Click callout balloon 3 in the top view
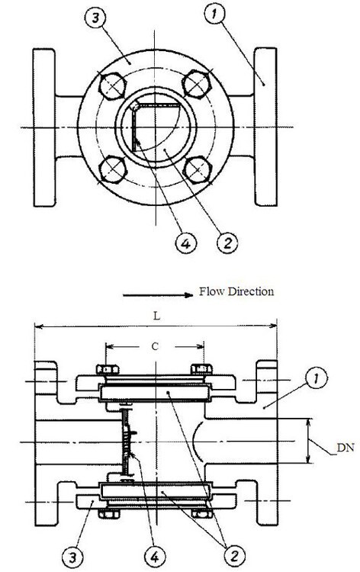[95, 18]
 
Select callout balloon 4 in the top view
[185, 243]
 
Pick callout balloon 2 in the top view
[227, 242]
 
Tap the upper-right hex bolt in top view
[197, 85]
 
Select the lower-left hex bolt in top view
[113, 169]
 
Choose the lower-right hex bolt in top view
[198, 169]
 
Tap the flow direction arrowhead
[188, 295]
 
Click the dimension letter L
[156, 316]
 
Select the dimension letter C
[155, 346]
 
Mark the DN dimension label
[345, 448]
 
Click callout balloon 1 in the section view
[317, 378]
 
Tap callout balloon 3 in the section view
[72, 557]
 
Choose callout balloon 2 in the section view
[234, 555]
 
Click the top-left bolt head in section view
[108, 370]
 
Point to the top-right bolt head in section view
[201, 370]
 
